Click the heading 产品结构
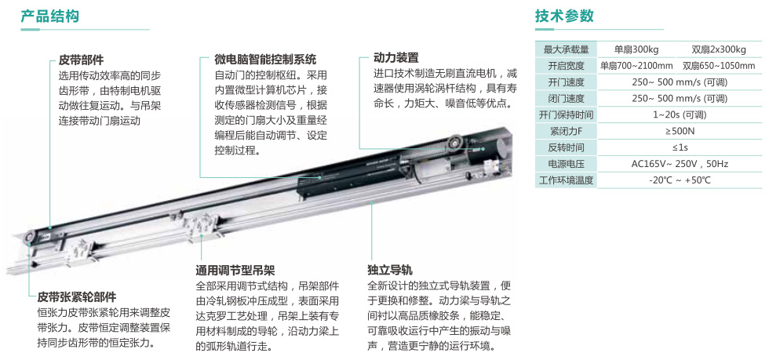tap(49, 16)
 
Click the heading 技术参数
tap(564, 16)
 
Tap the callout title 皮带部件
tap(81, 60)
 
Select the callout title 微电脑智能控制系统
tap(265, 60)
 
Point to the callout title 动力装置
tap(395, 58)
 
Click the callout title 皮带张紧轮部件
tap(77, 296)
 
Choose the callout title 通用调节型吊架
tap(235, 271)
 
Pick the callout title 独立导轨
tap(389, 271)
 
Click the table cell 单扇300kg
tap(636, 49)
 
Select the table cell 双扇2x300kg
tap(719, 49)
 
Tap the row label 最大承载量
tap(566, 49)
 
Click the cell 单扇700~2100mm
tap(636, 66)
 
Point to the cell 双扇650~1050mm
tap(719, 66)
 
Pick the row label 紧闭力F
tap(566, 131)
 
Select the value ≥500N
tap(680, 131)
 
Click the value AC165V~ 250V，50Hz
tap(680, 164)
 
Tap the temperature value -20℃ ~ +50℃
tap(680, 180)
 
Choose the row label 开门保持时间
tap(566, 115)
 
